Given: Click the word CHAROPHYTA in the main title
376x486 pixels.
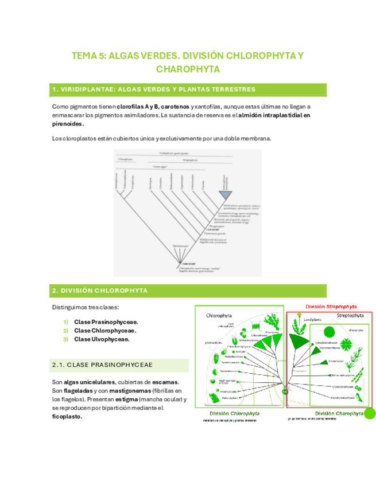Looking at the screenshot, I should click(188, 69).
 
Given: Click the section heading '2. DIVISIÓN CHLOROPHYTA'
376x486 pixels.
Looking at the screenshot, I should click(100, 291).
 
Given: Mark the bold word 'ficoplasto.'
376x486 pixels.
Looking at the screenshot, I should click(67, 417).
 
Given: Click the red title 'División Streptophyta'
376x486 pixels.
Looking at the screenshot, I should click(331, 307).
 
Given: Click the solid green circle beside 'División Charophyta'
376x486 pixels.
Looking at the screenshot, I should click(370, 414).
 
